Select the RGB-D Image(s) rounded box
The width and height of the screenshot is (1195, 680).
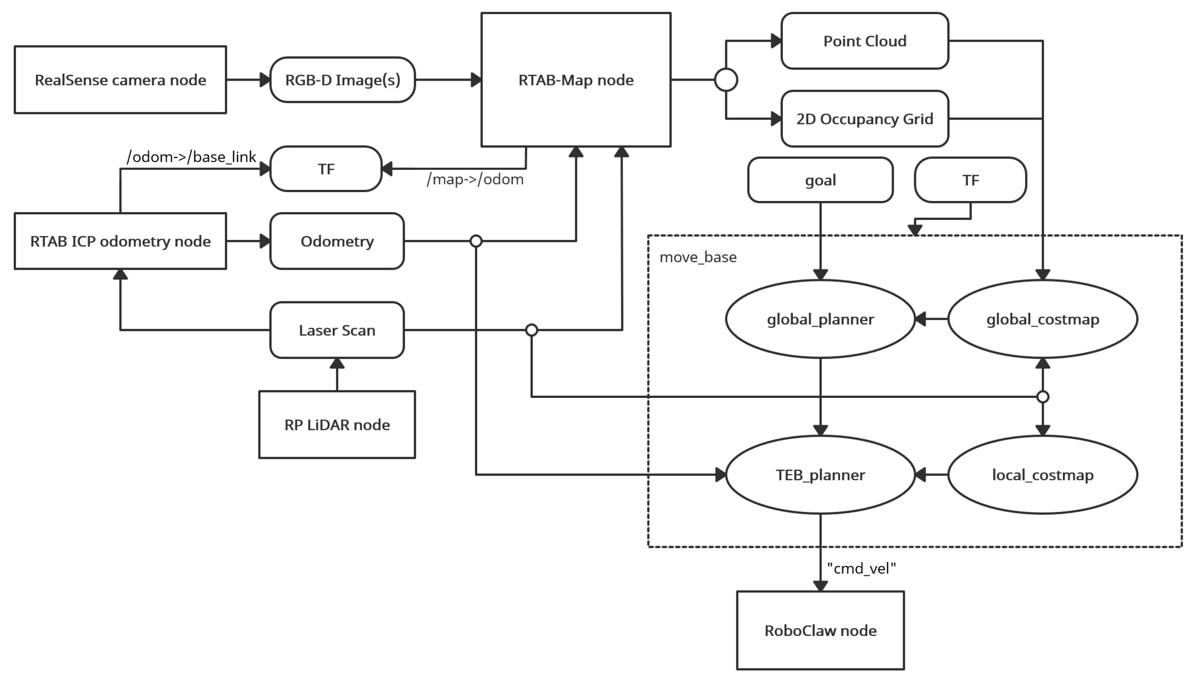[x=342, y=80]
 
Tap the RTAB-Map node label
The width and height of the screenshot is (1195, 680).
[x=576, y=80]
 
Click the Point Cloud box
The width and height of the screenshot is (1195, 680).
[x=865, y=41]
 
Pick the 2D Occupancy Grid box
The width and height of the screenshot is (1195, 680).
[x=865, y=118]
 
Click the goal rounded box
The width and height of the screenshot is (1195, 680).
[x=820, y=180]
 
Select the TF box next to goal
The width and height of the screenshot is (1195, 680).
[x=970, y=180]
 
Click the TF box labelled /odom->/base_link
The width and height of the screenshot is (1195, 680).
[x=326, y=168]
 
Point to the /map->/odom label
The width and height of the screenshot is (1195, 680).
[x=475, y=179]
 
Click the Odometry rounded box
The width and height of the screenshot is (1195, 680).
[x=337, y=241]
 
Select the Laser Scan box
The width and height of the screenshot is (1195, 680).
[x=337, y=330]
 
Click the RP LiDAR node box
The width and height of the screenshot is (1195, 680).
[x=337, y=425]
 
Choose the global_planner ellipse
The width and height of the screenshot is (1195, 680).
[x=820, y=319]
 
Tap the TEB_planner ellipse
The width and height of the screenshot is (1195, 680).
[x=820, y=475]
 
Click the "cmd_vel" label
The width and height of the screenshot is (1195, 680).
[x=861, y=568]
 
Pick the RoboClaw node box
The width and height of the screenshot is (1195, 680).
[x=820, y=630]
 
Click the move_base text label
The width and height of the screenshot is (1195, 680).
[x=697, y=257]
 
